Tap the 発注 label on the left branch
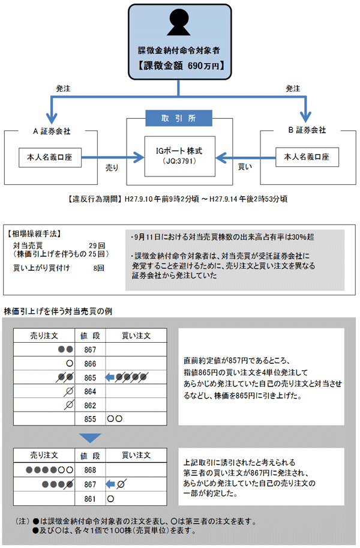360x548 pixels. [63, 88]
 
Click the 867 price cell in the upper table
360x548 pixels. [90, 349]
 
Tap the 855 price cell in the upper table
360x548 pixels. [90, 418]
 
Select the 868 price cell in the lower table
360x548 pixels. [90, 470]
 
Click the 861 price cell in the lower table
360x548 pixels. [90, 498]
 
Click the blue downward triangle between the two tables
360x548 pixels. [91, 438]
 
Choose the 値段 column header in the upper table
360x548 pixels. [90, 335]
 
